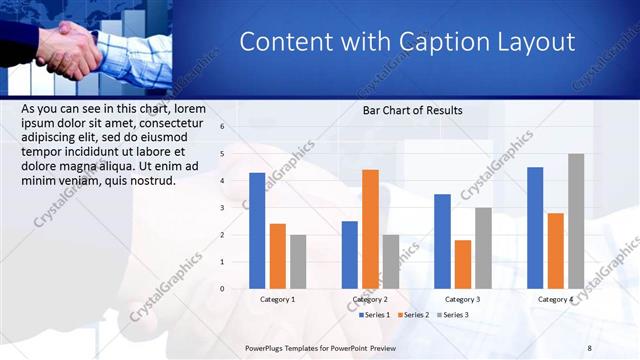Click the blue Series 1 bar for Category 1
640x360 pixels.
257,231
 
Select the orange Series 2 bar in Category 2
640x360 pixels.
370,229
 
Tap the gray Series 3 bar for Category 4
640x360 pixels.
576,221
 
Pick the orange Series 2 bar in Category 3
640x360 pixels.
463,264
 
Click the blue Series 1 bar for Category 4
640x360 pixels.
535,228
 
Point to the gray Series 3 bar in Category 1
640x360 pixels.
298,262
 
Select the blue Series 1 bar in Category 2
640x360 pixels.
349,255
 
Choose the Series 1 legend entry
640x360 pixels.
375,315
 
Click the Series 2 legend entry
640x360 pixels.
413,315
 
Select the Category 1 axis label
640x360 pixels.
277,299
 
